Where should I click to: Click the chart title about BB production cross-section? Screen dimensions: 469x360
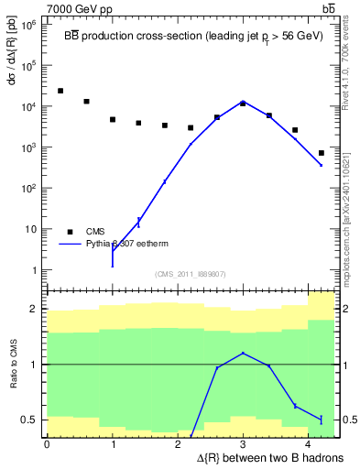[191, 33]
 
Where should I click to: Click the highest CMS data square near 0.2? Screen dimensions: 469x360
[60, 91]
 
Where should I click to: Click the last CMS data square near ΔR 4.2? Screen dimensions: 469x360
[322, 153]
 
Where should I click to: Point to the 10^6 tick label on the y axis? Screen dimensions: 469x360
[29, 25]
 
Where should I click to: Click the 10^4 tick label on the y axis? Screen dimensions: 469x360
[29, 106]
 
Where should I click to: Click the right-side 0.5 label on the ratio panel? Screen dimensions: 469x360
[347, 420]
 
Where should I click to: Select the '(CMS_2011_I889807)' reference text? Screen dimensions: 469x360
[191, 274]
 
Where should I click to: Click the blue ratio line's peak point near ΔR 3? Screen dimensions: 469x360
[243, 353]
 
